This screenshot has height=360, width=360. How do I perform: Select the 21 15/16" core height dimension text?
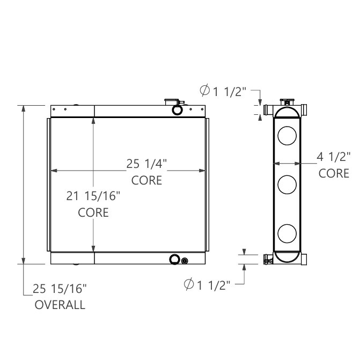point(93,196)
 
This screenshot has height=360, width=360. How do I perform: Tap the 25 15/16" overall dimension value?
point(60,289)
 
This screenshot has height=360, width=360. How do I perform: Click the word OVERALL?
point(60,305)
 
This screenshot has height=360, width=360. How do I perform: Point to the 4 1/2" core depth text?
point(333,157)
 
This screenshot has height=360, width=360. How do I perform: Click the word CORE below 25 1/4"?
point(146,180)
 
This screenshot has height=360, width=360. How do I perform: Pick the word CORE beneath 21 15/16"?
point(93,212)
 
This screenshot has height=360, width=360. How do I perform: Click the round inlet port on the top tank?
point(177,109)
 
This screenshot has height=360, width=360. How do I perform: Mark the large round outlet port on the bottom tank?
point(174,260)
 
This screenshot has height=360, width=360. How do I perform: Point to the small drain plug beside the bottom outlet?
point(185,261)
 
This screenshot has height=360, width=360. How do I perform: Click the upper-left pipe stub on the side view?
point(269,111)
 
